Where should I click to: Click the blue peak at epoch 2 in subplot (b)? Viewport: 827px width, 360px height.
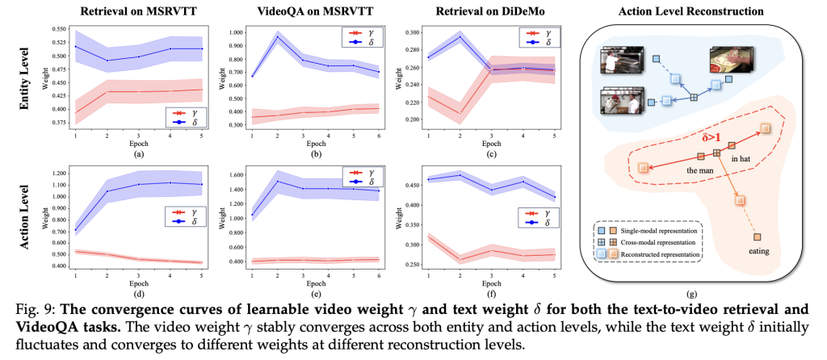coord(278,37)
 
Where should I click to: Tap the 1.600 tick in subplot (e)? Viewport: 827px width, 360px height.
coord(220,174)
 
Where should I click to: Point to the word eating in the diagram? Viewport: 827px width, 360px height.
coord(758,251)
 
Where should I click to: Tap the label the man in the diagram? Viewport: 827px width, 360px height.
coord(699,170)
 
